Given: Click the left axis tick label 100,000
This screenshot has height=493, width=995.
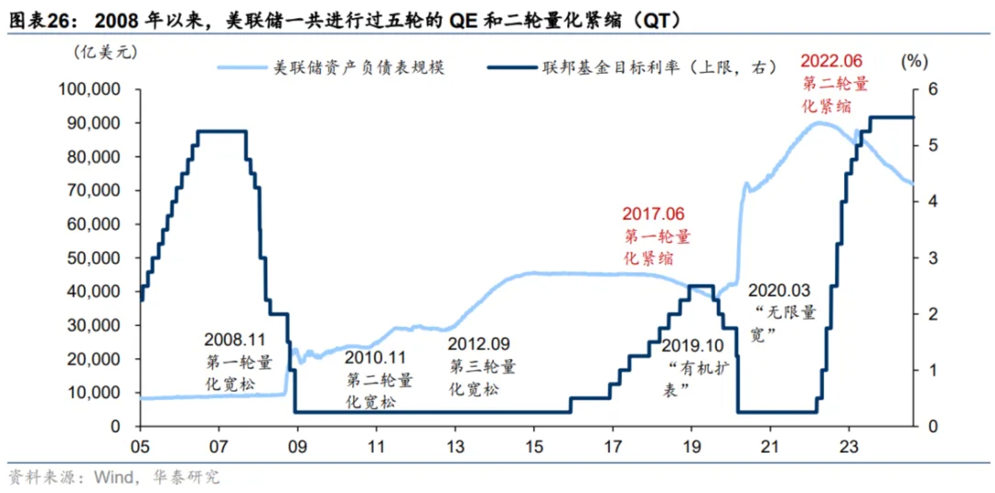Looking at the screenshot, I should click(89, 89).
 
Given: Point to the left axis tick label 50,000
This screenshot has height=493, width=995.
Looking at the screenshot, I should click(93, 258).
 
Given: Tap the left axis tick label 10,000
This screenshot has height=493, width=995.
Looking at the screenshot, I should click(93, 393).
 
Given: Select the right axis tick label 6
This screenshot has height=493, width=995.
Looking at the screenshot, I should click(933, 89).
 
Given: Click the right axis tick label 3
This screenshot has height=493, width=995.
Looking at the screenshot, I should click(933, 258).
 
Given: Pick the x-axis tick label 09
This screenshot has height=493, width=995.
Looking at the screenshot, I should click(297, 447).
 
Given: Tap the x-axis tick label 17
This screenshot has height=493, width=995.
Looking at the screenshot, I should click(613, 447).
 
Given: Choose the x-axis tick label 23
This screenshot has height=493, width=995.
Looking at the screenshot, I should click(848, 447).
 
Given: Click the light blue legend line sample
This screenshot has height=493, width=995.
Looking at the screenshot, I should click(242, 67).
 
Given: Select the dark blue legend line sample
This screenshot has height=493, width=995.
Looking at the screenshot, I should click(512, 67).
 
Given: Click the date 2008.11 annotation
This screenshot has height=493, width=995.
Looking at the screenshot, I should click(235, 340).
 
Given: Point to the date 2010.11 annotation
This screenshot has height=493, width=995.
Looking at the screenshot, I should click(375, 358).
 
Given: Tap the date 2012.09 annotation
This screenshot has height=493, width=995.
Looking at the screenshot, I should click(478, 344).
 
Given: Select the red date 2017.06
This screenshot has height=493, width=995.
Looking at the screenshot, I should click(653, 214).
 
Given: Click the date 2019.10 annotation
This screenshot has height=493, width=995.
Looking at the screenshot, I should click(692, 346).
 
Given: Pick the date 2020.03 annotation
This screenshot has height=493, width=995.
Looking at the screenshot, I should click(779, 291).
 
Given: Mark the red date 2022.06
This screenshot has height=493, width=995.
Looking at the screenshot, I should click(831, 61).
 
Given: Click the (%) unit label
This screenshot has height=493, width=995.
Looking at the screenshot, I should click(914, 61).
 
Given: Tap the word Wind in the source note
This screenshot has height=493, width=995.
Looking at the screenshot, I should click(113, 477).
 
